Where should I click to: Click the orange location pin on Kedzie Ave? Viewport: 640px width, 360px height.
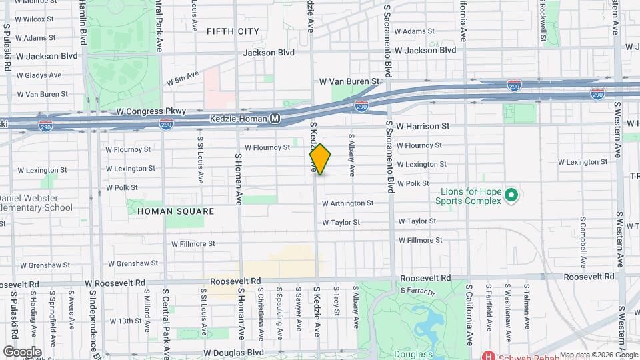320,159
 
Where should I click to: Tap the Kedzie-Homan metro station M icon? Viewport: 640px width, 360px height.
275,118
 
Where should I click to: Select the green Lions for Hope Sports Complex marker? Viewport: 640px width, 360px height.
511,195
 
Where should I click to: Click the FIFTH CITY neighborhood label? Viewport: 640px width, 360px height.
233,31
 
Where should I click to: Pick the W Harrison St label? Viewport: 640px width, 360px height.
423,125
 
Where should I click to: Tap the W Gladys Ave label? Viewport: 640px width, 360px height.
39,75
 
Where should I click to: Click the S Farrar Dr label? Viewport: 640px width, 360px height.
417,291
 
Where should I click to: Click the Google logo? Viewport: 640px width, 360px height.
22,351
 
